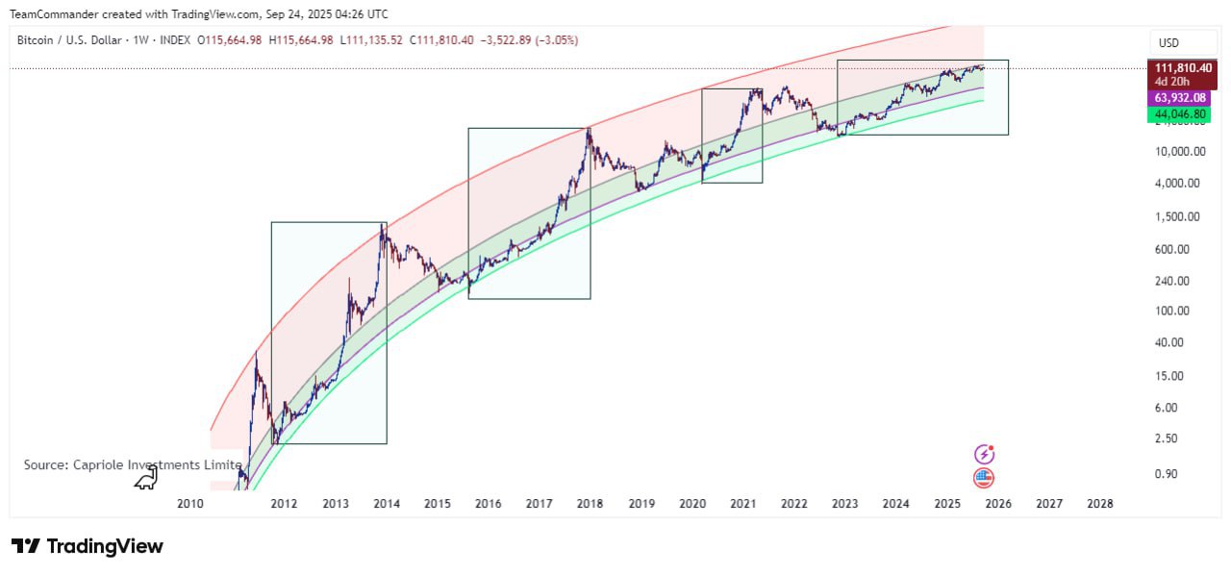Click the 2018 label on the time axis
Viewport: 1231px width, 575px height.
[590, 504]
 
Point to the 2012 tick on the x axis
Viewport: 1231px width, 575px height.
[284, 504]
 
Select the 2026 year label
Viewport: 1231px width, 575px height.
[998, 504]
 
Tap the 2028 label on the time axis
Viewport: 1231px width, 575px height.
[1099, 504]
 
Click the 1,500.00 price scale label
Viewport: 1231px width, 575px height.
[1178, 217]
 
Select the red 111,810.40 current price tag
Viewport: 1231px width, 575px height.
[1183, 68]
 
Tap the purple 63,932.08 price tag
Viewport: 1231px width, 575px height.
[1183, 99]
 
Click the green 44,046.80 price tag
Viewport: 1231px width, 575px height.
[1183, 114]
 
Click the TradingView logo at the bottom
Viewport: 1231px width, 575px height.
[88, 546]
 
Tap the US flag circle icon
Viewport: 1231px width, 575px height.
[984, 478]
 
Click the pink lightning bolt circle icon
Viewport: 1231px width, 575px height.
[984, 454]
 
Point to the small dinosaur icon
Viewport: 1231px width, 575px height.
[145, 478]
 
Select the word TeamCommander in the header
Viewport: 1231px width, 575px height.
[54, 13]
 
